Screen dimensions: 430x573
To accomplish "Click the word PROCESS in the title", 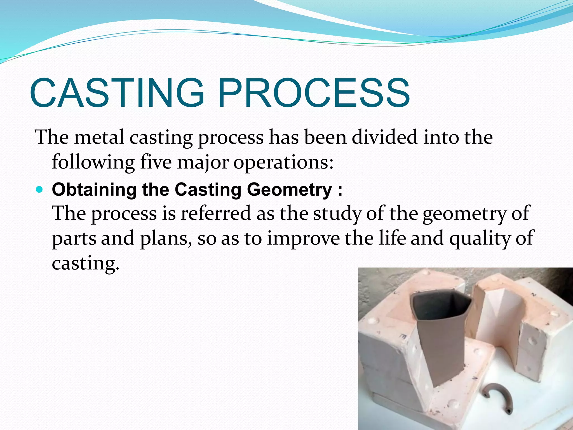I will (314, 93).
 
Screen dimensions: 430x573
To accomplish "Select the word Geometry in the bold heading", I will (290, 190).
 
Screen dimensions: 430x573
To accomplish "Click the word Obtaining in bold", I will (94, 190).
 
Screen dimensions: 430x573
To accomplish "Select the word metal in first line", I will (99, 137).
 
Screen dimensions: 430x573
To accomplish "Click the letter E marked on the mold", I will (403, 336).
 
